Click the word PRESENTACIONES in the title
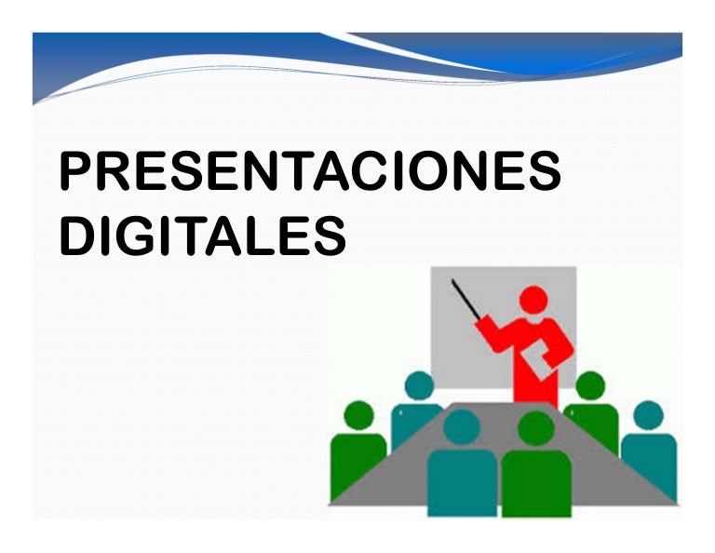click(309, 172)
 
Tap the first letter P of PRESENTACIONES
click(76, 172)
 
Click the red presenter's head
click(533, 300)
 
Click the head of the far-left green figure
click(358, 415)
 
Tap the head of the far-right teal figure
click(648, 414)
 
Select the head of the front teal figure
click(462, 426)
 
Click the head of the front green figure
click(535, 427)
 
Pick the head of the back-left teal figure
click(419, 384)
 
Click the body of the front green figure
click(535, 479)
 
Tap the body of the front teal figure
click(462, 479)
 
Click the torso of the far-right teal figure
click(650, 461)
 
